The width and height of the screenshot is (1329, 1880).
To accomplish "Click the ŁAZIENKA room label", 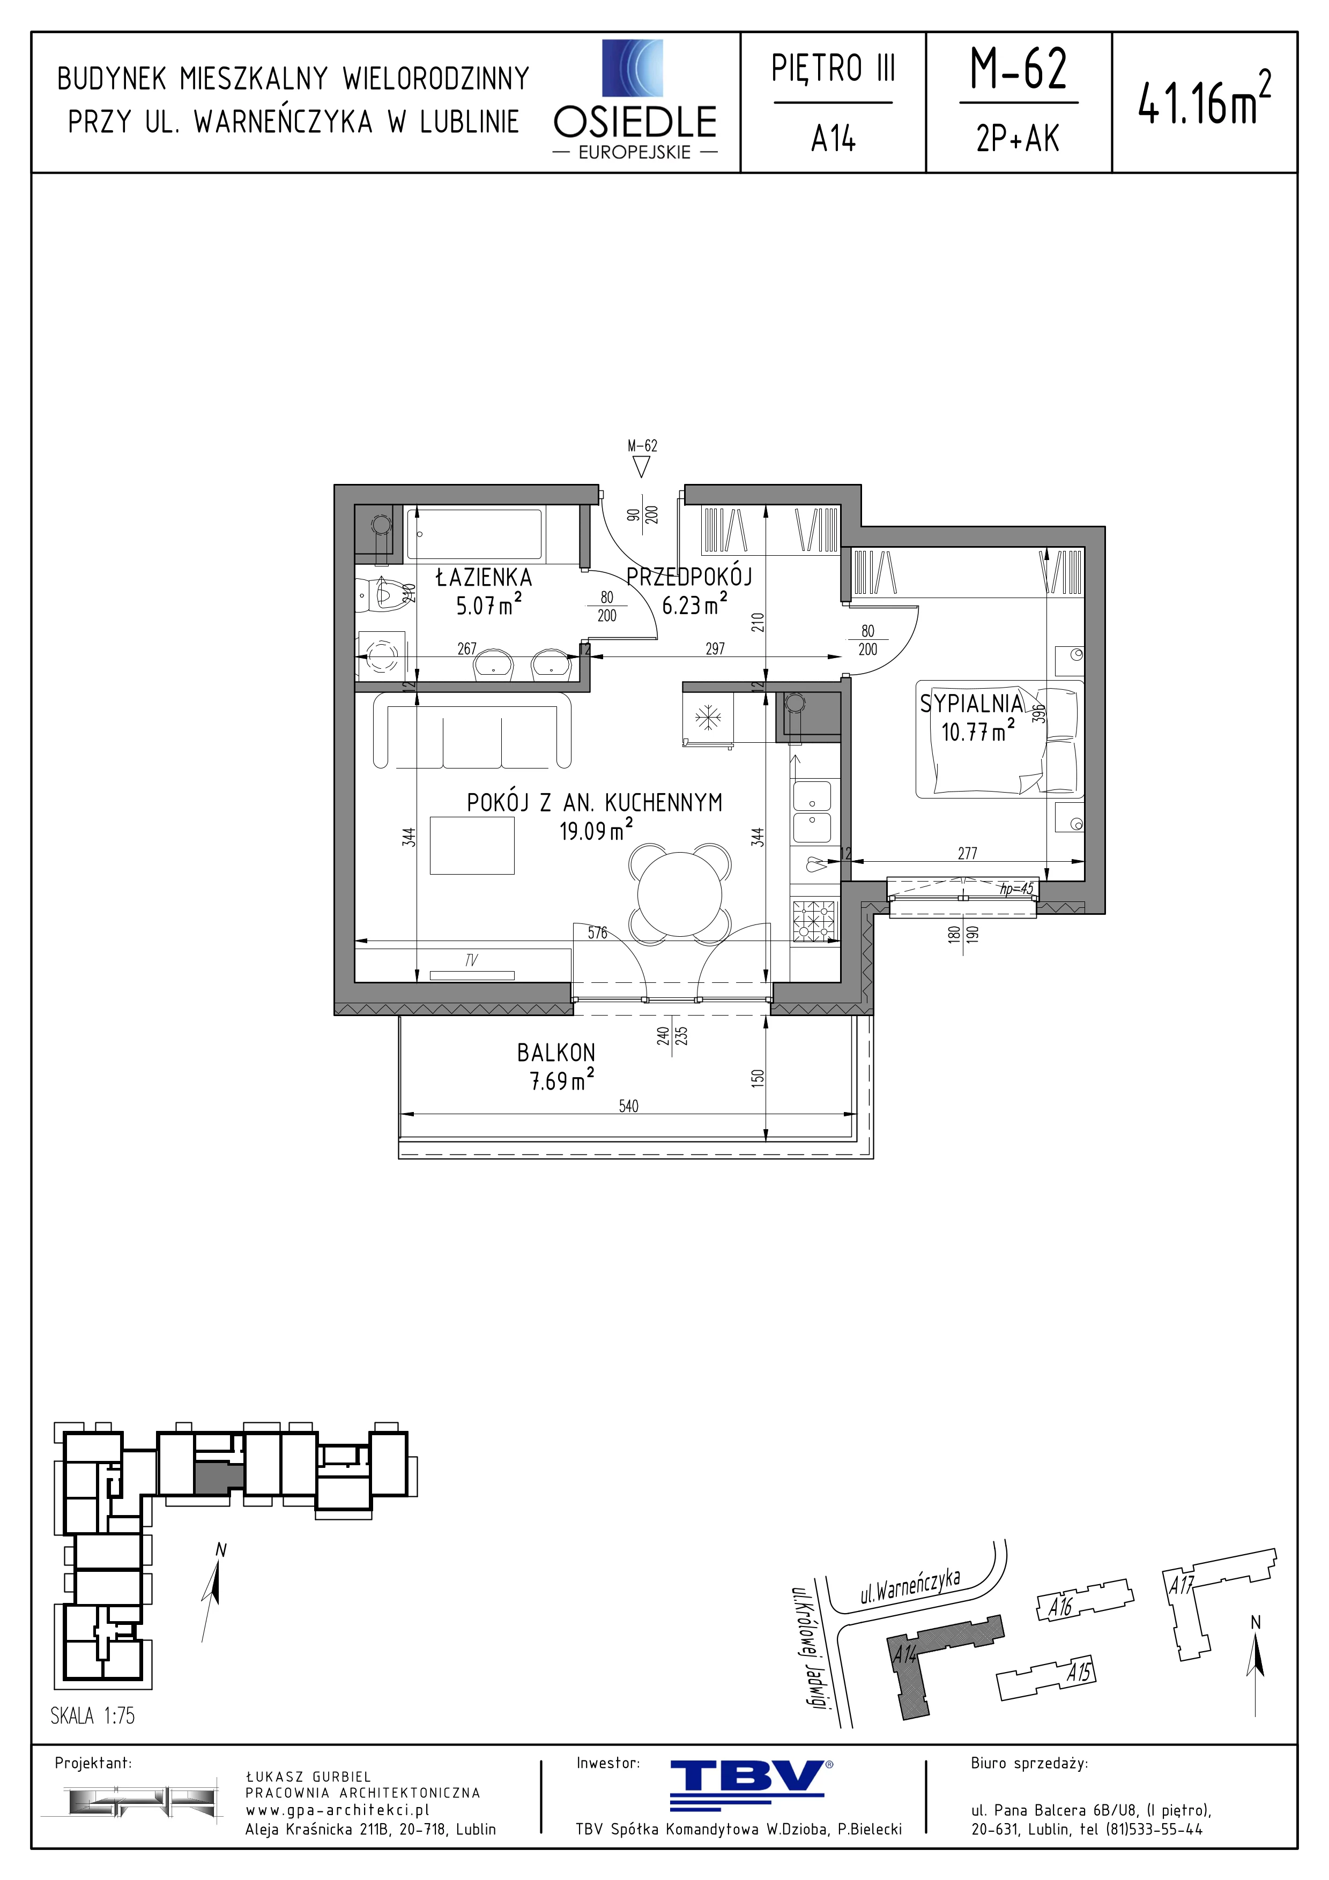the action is pyautogui.click(x=484, y=577).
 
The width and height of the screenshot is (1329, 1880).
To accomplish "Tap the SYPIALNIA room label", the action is pyautogui.click(x=971, y=703).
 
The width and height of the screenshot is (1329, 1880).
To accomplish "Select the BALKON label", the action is pyautogui.click(x=556, y=1052).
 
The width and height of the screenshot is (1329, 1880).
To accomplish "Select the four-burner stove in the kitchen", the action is pyautogui.click(x=815, y=921).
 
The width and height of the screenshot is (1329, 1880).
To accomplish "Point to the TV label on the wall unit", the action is pyautogui.click(x=471, y=960).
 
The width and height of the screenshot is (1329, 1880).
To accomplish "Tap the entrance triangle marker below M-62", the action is pyautogui.click(x=642, y=467).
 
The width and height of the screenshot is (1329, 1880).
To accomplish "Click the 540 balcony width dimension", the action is pyautogui.click(x=628, y=1106).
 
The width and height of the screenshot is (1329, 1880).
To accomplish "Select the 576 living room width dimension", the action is pyautogui.click(x=598, y=932).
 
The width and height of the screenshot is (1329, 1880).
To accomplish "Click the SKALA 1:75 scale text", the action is pyautogui.click(x=93, y=1715).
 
